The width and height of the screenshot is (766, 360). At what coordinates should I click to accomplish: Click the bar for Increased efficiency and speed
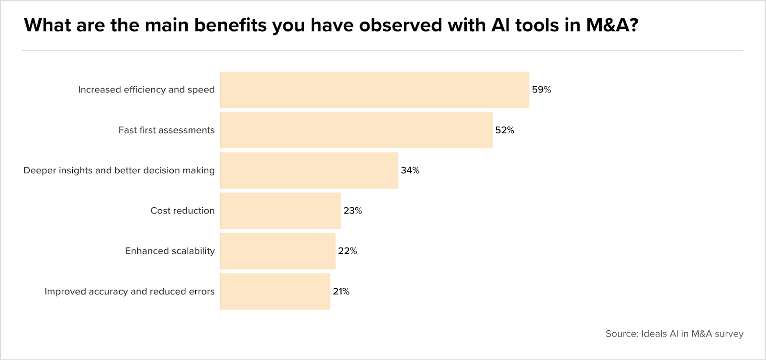(375, 90)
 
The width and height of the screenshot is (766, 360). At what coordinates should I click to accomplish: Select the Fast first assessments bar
(356, 130)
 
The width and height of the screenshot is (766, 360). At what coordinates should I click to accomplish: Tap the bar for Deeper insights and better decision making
(309, 170)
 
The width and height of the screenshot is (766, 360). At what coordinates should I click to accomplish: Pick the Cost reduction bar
(281, 211)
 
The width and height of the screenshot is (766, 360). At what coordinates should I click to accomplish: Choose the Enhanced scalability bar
(278, 251)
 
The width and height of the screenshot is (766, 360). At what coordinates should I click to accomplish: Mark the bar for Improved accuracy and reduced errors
(275, 291)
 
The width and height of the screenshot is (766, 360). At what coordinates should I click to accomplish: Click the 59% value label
(541, 90)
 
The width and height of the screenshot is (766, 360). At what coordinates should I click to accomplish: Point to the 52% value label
(505, 130)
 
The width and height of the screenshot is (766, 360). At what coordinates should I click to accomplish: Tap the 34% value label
(410, 170)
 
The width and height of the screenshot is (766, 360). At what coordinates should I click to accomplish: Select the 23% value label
(352, 211)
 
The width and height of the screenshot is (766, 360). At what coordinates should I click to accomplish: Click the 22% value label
(348, 251)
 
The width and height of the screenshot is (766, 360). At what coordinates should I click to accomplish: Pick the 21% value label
(341, 291)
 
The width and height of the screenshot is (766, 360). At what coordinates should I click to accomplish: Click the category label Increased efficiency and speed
(146, 90)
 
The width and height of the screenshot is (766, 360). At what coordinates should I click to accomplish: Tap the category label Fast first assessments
(167, 130)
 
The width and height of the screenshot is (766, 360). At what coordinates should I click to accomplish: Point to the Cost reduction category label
(182, 211)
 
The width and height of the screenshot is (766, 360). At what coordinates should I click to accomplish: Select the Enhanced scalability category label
(170, 251)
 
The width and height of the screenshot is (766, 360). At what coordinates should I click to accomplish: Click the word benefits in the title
(230, 25)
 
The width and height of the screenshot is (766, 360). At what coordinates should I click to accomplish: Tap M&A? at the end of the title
(612, 25)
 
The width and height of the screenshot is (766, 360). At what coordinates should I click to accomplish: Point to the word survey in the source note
(730, 334)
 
